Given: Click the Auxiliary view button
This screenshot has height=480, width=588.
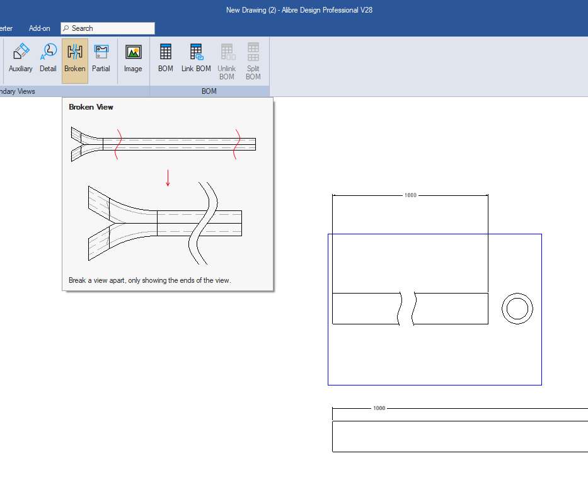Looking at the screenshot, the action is click(x=21, y=58).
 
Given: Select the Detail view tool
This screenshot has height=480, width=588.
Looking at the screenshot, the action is click(x=48, y=58).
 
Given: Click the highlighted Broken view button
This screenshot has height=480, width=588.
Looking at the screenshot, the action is click(x=75, y=60).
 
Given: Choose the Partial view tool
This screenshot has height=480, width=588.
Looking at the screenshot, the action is click(x=101, y=58).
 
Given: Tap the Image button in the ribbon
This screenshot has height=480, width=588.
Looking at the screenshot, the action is click(x=133, y=58).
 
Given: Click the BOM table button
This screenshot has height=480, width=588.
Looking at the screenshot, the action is click(x=165, y=58).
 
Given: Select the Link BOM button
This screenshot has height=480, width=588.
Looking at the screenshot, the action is click(x=196, y=58).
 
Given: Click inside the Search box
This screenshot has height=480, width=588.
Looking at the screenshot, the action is click(x=108, y=28).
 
